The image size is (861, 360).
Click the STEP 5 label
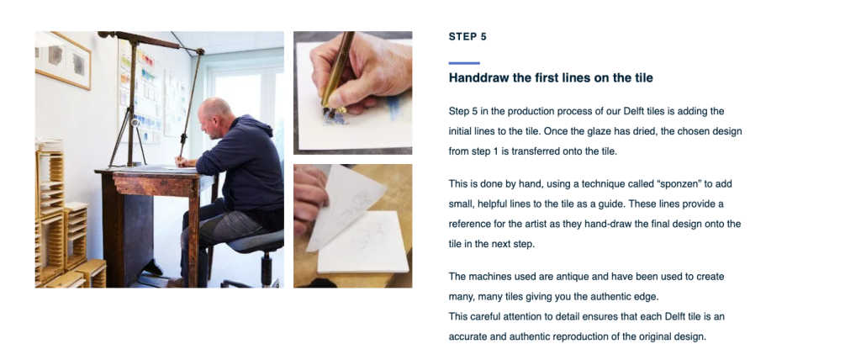[467, 37]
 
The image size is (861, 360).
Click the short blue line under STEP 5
[464, 63]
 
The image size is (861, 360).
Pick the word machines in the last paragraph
[488, 277]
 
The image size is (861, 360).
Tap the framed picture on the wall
[63, 60]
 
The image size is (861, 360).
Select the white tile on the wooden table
[363, 242]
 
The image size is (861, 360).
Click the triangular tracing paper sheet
[343, 208]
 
